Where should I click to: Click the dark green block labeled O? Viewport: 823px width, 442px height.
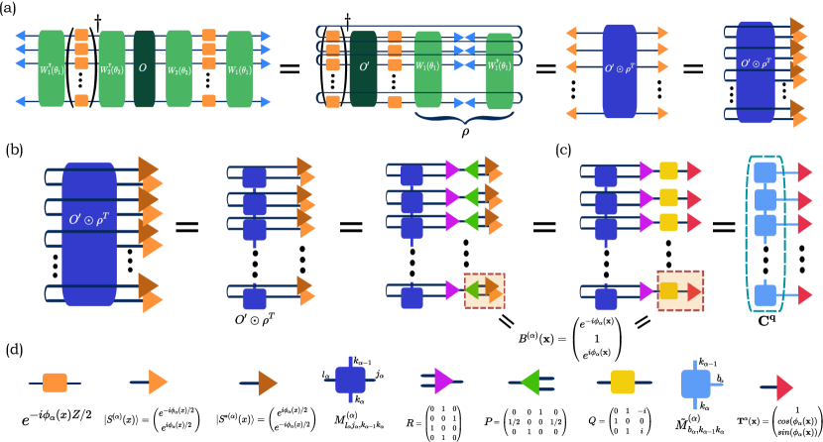coord(144,68)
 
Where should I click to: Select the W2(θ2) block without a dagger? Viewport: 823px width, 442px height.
coord(178,68)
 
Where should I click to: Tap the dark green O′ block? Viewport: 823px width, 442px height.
coord(363,68)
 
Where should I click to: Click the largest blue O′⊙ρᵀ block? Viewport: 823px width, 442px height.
coord(89,234)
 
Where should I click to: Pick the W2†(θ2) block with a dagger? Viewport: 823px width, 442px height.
coord(112,68)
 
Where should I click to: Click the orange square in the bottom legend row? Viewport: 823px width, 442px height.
coord(55,383)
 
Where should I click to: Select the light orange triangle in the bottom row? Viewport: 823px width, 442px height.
coord(158,382)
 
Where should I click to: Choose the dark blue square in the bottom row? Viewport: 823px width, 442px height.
coord(350,380)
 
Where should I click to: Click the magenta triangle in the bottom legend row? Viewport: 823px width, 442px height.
coord(442,381)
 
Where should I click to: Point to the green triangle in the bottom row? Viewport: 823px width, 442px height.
coord(530,382)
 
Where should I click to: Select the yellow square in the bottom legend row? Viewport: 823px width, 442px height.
coord(623,382)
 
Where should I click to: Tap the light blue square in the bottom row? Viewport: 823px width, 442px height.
coord(695,384)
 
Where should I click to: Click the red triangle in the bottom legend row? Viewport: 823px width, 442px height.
coord(784,387)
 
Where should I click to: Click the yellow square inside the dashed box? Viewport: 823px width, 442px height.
coord(668,290)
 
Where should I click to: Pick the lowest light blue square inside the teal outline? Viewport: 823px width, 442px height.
coord(764,295)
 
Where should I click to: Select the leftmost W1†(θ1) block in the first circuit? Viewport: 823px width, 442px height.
coord(52,68)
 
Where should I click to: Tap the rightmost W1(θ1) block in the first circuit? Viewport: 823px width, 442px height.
coord(239,68)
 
